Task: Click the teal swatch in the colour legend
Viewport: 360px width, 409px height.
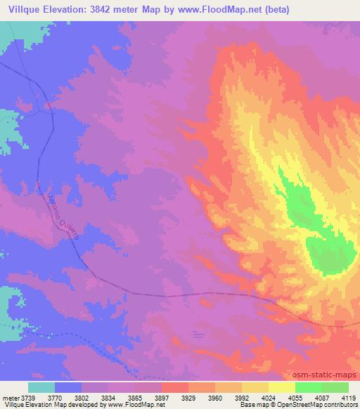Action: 41,387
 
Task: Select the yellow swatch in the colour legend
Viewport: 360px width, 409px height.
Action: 281,387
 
